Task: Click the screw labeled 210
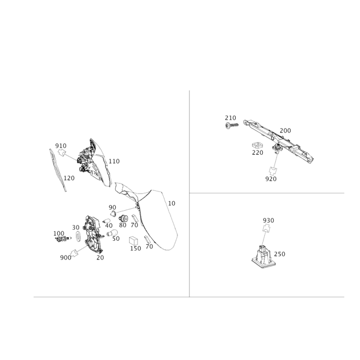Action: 232,126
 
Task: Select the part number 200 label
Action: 285,130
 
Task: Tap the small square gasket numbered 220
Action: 257,145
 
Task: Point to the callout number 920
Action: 271,179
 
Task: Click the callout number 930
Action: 268,220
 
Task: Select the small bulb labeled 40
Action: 106,221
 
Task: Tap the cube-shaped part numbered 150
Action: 133,241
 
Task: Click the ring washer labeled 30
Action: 78,237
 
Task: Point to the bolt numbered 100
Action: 63,239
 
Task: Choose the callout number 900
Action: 66,258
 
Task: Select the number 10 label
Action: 171,203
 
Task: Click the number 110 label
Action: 114,162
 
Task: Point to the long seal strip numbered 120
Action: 58,170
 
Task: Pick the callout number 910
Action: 61,146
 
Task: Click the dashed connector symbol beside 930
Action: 266,229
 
